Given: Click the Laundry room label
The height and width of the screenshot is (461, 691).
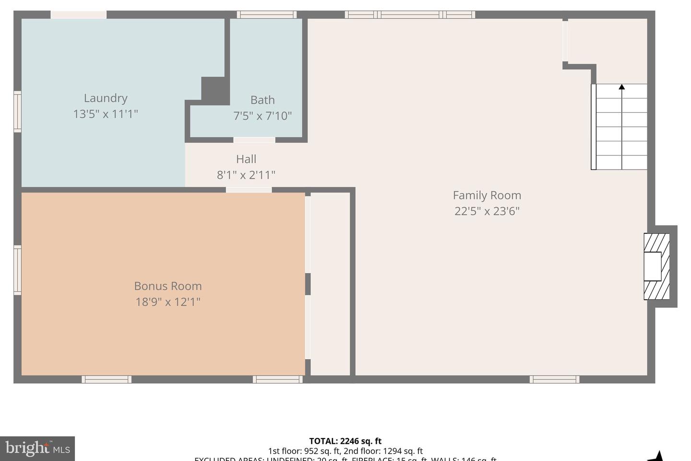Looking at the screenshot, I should click(106, 98).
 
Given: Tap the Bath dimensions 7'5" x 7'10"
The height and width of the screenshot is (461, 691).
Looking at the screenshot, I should click(262, 116).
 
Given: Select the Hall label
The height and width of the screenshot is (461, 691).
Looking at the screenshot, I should click(246, 159).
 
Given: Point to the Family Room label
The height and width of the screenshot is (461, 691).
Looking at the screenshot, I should click(487, 195).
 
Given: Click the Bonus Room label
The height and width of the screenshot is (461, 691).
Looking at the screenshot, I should click(167, 286).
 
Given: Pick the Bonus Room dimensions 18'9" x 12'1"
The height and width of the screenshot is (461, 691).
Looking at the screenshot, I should click(167, 302).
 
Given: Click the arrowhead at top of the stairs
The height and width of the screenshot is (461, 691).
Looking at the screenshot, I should click(621, 87).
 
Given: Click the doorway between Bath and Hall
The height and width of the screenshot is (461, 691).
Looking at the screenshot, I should click(254, 140).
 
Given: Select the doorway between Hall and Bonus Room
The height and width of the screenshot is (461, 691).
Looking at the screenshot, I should click(249, 190).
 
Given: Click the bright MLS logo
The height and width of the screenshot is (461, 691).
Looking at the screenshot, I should click(37, 449).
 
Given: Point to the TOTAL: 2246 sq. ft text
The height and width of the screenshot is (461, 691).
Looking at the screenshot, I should click(345, 441).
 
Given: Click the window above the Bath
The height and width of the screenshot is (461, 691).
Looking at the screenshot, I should click(266, 15).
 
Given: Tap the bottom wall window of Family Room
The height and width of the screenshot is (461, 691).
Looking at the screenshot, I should click(554, 379).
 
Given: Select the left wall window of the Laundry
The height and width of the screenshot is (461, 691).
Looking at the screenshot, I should click(17, 111).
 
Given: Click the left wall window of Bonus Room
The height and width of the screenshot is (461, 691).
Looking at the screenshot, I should click(17, 269).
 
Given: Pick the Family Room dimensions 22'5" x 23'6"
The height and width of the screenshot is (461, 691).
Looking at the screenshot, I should click(487, 211).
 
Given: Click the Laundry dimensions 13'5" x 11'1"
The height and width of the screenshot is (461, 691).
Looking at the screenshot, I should click(106, 114).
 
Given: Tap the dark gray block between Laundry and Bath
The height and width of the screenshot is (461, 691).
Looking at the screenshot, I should click(214, 90).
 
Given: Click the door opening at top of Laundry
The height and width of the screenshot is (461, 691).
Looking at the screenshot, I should click(78, 15).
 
